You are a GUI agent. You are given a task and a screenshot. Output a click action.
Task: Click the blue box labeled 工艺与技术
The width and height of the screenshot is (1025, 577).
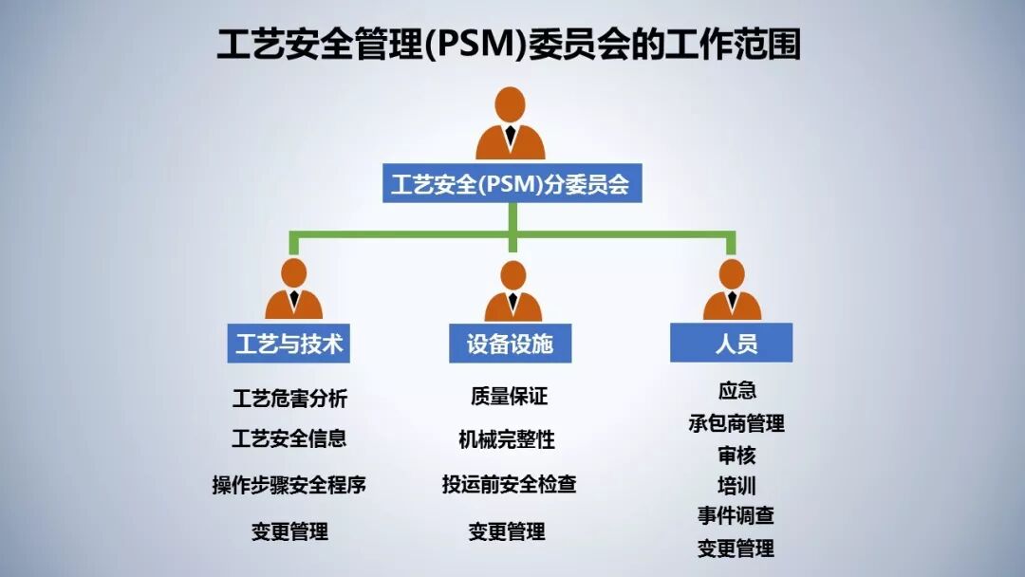click(x=289, y=344)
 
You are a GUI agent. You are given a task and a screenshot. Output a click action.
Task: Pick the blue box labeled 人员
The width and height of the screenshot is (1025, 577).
click(x=731, y=344)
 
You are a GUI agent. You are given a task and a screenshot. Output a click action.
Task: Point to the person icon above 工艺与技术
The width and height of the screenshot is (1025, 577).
click(x=294, y=289)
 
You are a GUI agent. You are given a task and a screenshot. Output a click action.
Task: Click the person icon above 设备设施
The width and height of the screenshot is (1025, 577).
click(x=513, y=289)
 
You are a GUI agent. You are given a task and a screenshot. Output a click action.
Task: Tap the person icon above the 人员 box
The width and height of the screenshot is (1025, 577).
click(x=732, y=289)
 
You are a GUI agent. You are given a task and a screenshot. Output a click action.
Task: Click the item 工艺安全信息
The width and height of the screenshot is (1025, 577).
click(x=289, y=438)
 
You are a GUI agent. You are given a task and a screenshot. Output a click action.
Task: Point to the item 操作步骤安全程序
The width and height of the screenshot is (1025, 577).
click(x=289, y=485)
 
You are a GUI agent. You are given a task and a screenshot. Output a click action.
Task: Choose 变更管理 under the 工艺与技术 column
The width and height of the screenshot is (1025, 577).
click(x=289, y=531)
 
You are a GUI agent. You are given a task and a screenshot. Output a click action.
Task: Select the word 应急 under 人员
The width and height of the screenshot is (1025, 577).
click(x=737, y=391)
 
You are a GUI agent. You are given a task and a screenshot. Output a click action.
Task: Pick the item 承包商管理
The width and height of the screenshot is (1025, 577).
click(x=736, y=423)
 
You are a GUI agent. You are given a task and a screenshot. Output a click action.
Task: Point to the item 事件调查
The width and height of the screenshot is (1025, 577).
click(x=736, y=516)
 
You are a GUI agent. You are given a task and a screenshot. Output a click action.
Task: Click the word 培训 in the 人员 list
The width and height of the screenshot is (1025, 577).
click(x=736, y=487)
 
